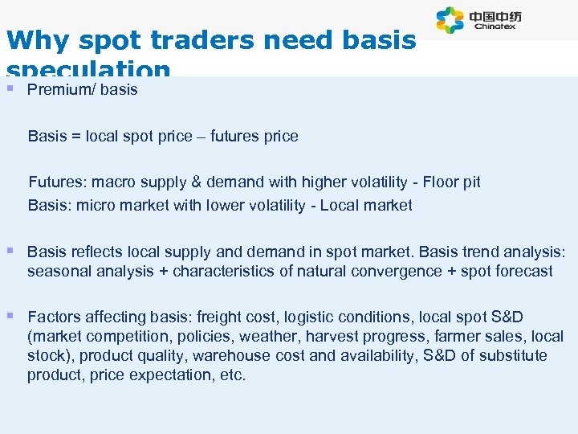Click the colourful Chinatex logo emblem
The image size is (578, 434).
pyautogui.click(x=450, y=20)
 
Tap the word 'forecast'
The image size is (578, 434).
pyautogui.click(x=522, y=271)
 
